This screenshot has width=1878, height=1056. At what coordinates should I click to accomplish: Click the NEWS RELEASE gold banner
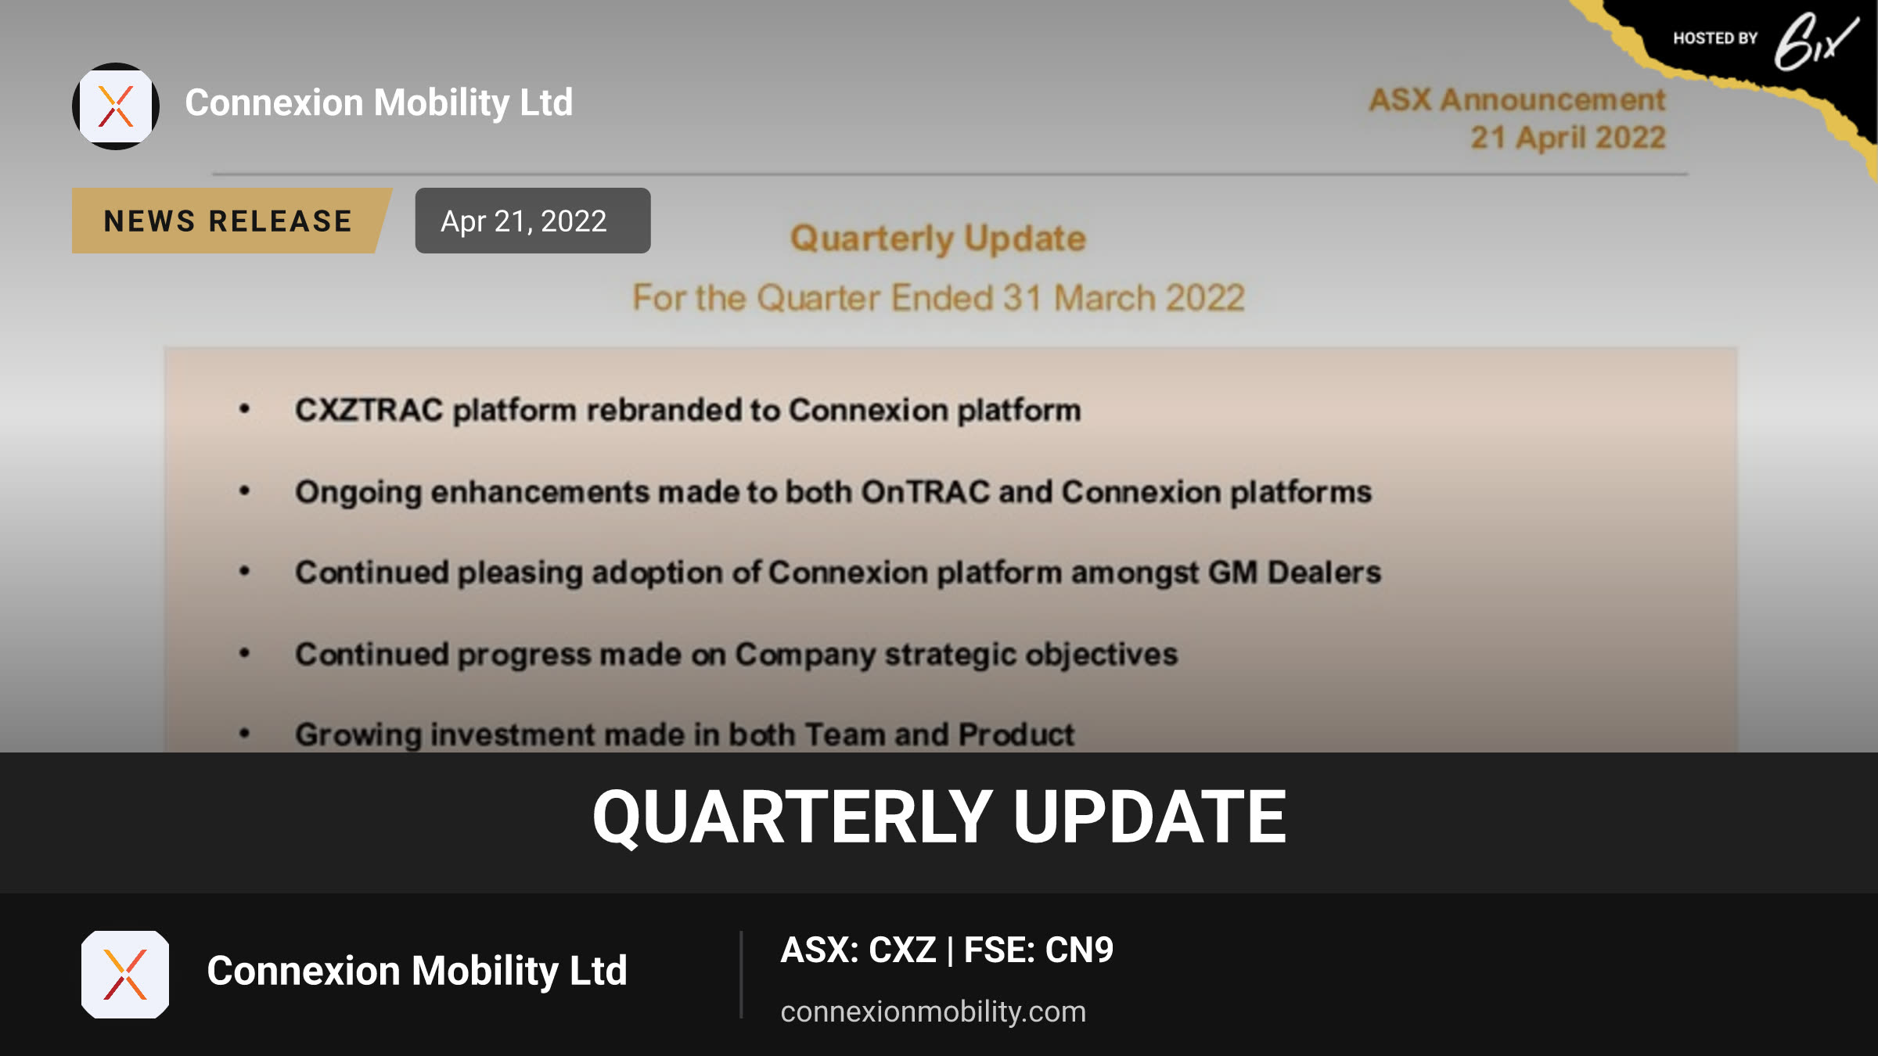coord(231,221)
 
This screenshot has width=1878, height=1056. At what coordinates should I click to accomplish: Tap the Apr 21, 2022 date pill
coord(532,221)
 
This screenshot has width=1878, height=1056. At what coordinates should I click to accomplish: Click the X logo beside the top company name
coord(116,106)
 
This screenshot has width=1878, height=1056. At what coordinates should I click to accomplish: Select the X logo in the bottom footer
coord(125,975)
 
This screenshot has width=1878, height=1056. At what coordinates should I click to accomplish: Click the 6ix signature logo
coord(1815,42)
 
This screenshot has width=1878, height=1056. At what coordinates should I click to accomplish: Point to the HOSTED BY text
coord(1715,38)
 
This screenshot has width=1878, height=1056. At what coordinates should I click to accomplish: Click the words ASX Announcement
coord(1517,100)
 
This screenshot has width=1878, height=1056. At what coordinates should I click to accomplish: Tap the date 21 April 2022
coord(1568,138)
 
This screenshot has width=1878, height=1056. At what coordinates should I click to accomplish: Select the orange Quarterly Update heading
coord(938,239)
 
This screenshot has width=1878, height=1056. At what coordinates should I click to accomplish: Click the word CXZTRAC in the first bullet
coord(369,410)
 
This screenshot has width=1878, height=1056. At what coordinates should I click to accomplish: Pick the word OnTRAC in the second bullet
coord(926,492)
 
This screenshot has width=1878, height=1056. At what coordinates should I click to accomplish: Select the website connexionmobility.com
coord(934,1011)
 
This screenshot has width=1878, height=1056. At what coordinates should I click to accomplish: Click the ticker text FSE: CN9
coord(1038,950)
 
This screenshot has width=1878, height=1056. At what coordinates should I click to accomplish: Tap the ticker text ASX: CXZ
coord(858,950)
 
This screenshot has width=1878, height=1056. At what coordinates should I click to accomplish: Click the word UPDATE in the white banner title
coord(1149,817)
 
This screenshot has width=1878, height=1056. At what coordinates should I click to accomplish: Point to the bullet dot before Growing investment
coord(244,733)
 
